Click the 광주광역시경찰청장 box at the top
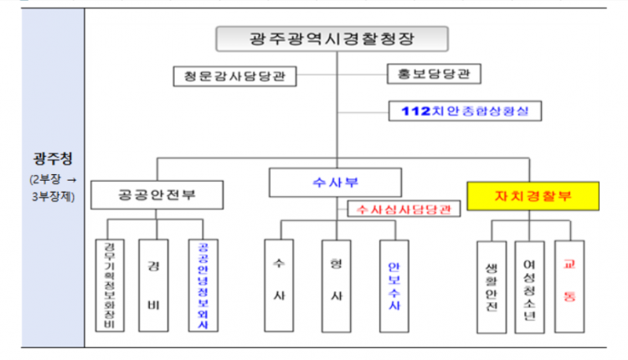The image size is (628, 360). pyautogui.click(x=332, y=39)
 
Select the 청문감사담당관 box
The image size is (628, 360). pyautogui.click(x=229, y=76)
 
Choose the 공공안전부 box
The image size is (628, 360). pyautogui.click(x=157, y=195)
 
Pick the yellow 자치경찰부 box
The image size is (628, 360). pyautogui.click(x=533, y=196)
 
